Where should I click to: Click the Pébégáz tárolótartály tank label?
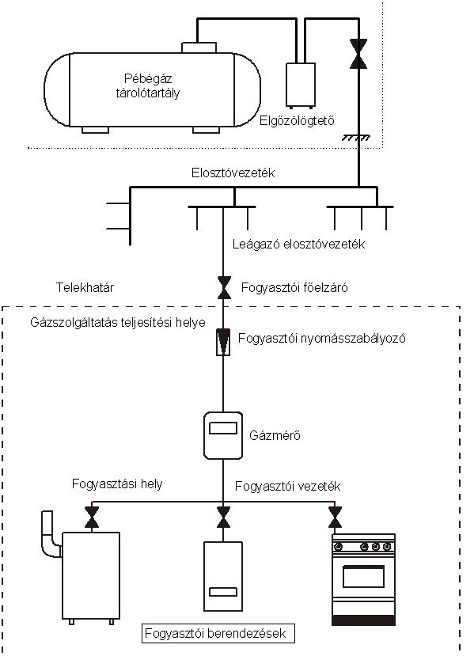(148, 85)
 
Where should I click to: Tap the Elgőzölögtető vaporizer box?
(301, 85)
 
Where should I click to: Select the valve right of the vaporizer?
(358, 54)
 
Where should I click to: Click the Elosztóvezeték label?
(233, 173)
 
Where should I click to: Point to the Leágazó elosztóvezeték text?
(298, 244)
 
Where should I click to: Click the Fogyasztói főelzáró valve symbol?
(224, 288)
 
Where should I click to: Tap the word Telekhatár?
(85, 287)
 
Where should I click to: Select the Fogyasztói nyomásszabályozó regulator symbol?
(223, 342)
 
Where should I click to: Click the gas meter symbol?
(223, 435)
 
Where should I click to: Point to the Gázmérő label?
(275, 435)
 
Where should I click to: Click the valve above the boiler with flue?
(92, 517)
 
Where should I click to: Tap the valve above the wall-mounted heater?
(223, 517)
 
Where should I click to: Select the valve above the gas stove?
(335, 517)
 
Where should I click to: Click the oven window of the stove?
(363, 577)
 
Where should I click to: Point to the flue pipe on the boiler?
(50, 536)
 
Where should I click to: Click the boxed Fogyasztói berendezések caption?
(218, 633)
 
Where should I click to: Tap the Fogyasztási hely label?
(117, 484)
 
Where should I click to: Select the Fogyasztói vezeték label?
(287, 486)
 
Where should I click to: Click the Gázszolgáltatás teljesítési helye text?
(118, 323)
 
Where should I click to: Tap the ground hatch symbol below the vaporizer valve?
(356, 138)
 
